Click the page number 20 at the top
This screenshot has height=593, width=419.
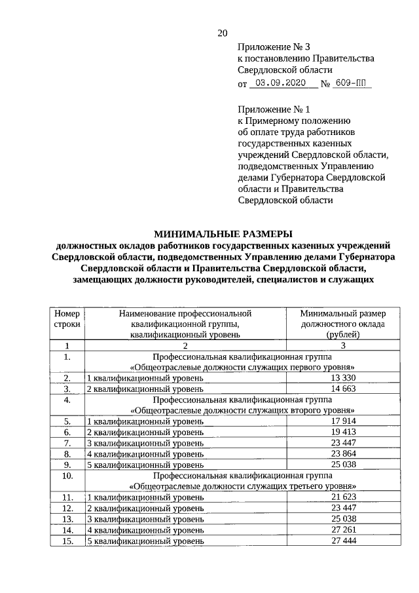pos(222,33)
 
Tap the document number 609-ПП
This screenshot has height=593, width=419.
pos(352,84)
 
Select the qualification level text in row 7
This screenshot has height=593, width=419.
pos(145,443)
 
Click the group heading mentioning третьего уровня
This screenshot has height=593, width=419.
pos(243,486)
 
